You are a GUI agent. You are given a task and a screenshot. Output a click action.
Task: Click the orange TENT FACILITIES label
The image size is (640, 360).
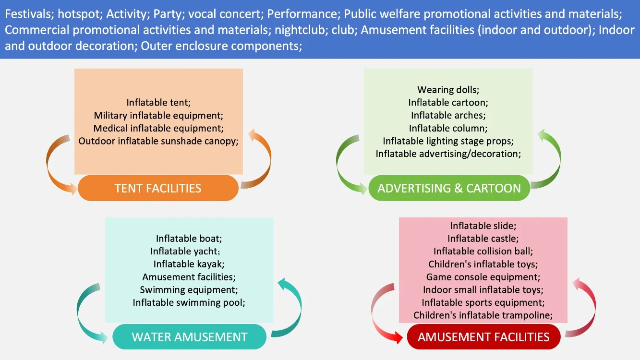tap(158, 188)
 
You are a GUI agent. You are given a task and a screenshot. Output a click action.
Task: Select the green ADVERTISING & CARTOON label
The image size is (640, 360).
tap(449, 188)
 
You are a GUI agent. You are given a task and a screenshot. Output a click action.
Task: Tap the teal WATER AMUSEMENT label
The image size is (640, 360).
tap(190, 336)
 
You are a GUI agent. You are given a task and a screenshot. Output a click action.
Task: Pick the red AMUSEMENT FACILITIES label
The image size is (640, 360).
tap(483, 336)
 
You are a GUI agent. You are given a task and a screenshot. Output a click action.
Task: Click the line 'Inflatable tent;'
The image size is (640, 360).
tap(159, 102)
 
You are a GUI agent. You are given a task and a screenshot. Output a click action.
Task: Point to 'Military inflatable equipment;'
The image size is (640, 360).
tap(159, 115)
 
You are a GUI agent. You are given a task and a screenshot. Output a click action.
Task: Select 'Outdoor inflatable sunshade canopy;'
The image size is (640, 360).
tap(159, 141)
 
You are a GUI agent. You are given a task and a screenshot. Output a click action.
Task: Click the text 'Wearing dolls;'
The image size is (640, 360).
tap(448, 89)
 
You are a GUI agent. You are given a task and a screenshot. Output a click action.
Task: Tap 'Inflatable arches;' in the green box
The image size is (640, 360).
tap(448, 115)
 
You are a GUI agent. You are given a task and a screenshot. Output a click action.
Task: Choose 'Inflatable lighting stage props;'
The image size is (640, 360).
tap(448, 141)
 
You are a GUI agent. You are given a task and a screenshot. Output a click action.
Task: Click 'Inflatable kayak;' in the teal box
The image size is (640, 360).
tap(189, 264)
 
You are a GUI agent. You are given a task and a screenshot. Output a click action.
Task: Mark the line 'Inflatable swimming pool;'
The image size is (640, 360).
tap(189, 303)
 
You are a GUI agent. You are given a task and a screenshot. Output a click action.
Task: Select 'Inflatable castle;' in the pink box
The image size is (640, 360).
tap(483, 238)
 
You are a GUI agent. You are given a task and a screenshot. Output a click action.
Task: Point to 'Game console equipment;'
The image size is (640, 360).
tap(483, 277)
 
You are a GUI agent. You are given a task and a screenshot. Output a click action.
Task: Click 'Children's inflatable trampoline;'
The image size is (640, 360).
tap(483, 315)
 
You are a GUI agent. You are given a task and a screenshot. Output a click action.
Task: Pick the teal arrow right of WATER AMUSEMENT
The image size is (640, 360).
tap(291, 307)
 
